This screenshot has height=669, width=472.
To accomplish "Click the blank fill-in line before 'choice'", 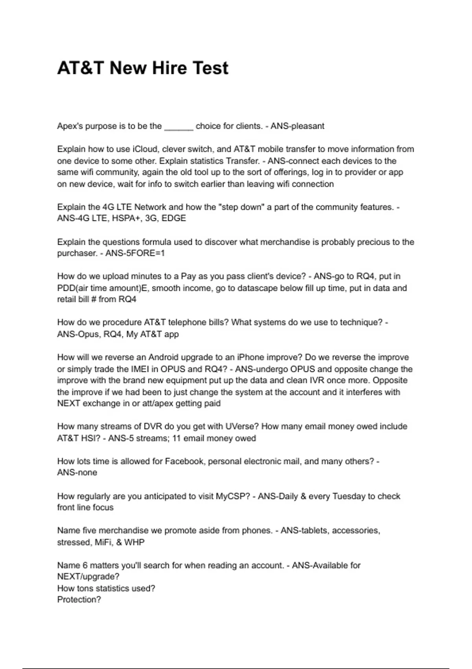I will (179, 127).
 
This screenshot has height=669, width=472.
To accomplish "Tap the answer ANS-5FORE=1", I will (135, 253).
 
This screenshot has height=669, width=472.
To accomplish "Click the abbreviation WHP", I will (134, 542).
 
